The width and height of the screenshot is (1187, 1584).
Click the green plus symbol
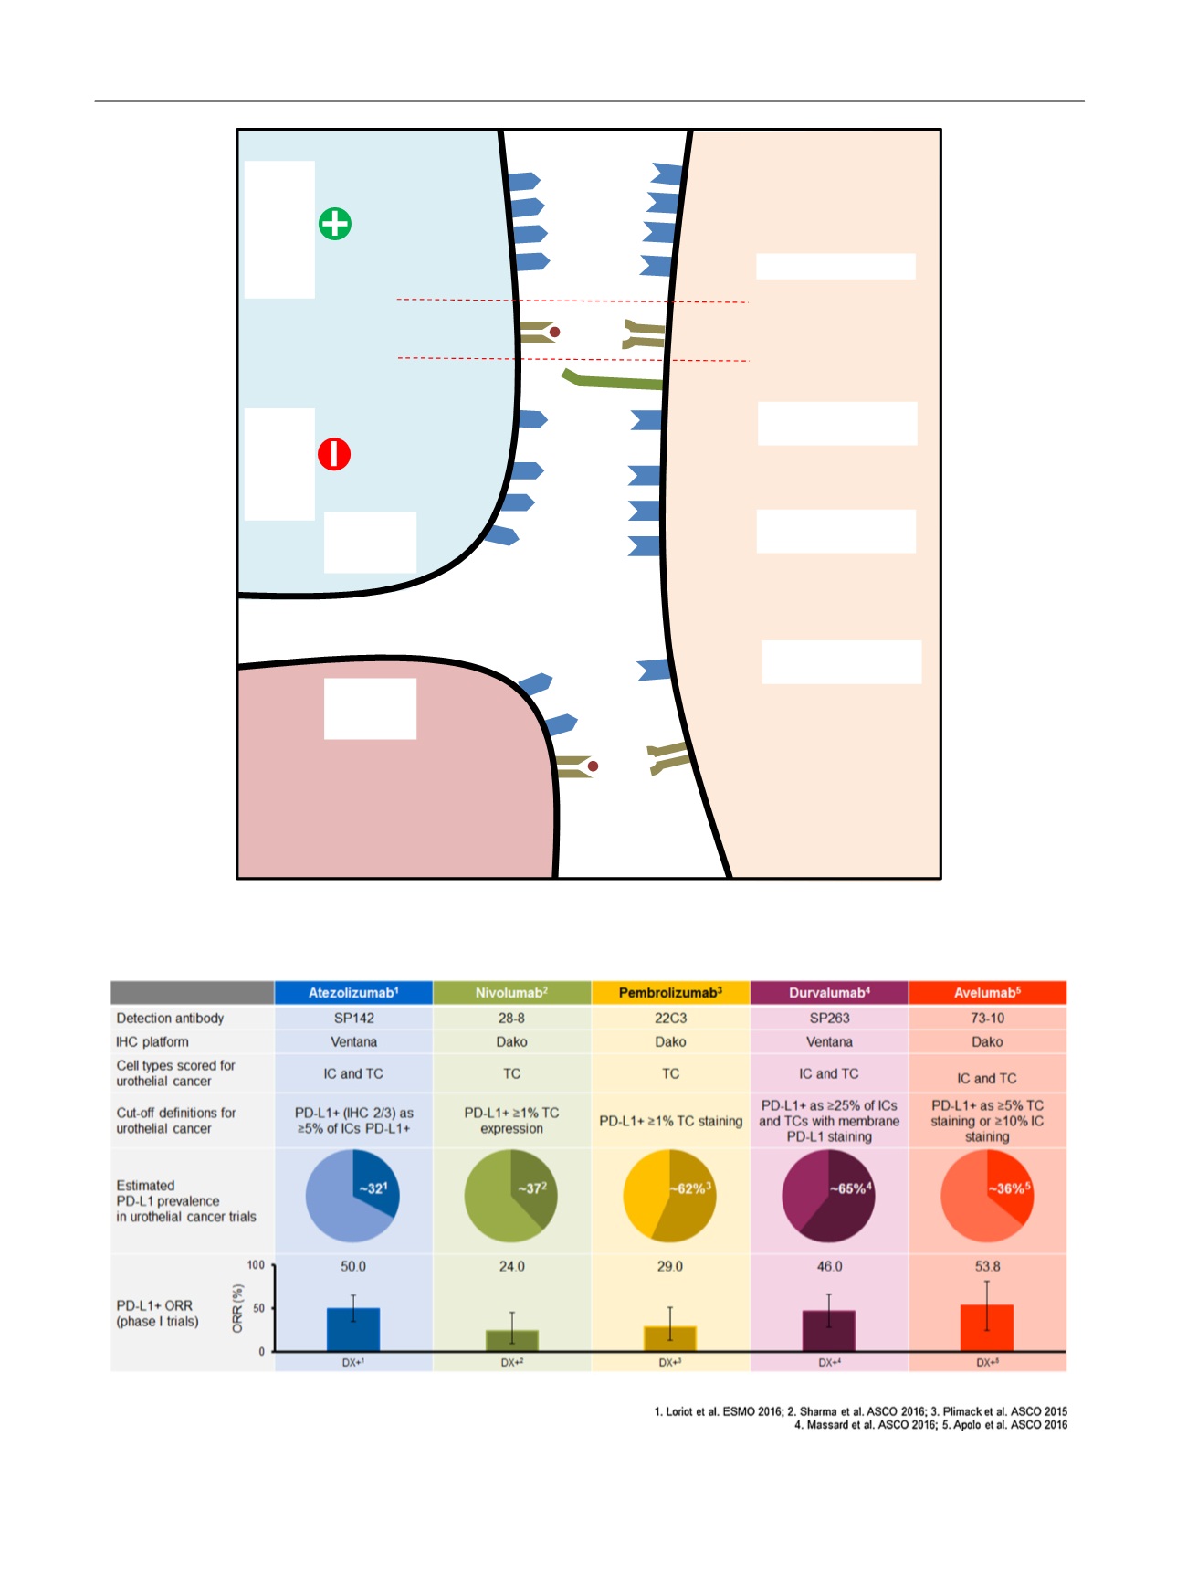(x=335, y=224)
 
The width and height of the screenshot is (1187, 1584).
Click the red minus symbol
(x=334, y=454)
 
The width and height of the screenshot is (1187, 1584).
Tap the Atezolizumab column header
(x=353, y=993)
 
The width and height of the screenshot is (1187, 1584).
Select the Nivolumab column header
(x=511, y=993)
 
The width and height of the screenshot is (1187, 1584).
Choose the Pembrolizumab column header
(x=670, y=993)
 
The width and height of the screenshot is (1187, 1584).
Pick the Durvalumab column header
(x=829, y=993)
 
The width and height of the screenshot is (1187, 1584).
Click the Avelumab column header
(x=987, y=993)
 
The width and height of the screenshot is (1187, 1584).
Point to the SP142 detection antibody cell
(x=353, y=1018)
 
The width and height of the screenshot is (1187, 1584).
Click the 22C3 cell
(x=670, y=1018)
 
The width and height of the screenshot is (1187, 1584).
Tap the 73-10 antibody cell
(x=987, y=1018)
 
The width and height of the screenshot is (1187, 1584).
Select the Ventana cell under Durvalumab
(x=829, y=1041)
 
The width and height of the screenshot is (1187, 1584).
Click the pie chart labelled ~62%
(x=669, y=1196)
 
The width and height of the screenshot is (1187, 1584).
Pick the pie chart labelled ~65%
(x=828, y=1196)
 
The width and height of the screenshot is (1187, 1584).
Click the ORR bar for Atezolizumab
(x=353, y=1330)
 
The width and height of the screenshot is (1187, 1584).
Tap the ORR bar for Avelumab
(x=987, y=1328)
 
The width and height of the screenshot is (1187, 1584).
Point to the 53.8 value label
(x=987, y=1266)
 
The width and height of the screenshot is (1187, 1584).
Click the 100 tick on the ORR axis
(x=256, y=1265)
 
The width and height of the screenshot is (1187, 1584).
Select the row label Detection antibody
(x=170, y=1018)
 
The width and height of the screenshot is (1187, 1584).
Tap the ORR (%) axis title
(x=237, y=1308)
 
